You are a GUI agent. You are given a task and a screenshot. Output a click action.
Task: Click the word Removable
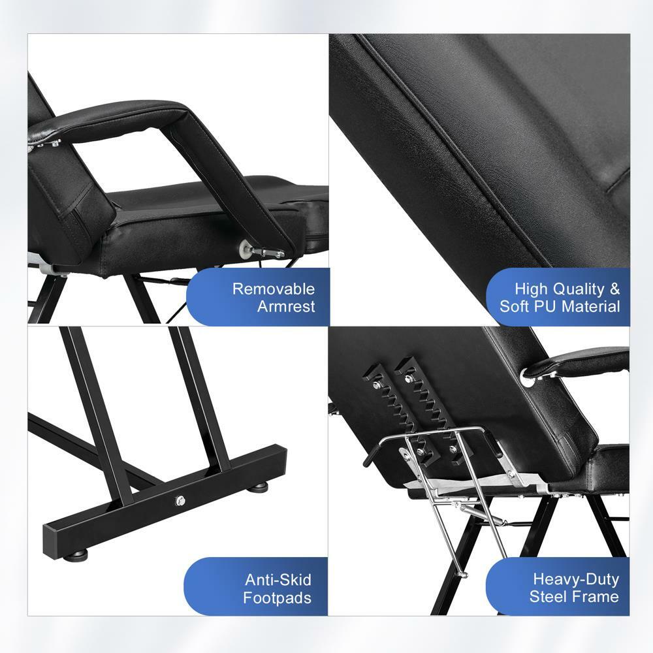273,289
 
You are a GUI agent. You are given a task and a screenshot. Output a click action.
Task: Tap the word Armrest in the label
285,306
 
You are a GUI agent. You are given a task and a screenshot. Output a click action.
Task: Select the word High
533,289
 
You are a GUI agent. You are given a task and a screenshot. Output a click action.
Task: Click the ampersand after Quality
614,289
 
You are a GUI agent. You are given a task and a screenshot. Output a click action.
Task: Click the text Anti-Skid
278,579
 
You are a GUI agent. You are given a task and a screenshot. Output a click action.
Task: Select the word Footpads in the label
278,597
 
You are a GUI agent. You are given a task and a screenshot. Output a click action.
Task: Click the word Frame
597,596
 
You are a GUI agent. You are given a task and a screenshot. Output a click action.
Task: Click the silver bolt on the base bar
180,501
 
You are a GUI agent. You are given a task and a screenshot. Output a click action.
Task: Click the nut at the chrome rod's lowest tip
462,574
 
